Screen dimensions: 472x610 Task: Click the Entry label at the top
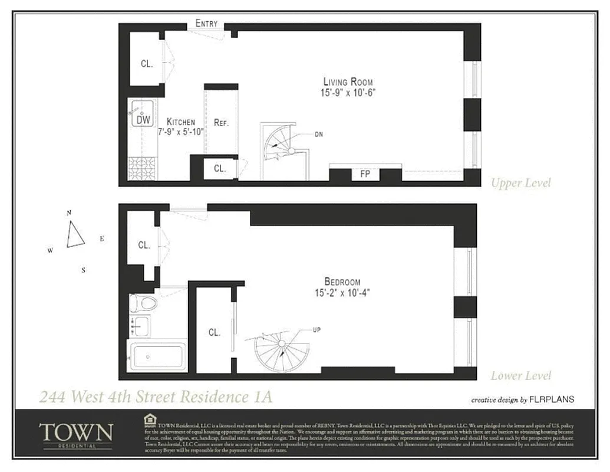click(x=206, y=24)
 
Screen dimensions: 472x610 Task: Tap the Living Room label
click(x=348, y=82)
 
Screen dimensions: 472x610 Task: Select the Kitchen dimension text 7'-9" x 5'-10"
click(x=180, y=132)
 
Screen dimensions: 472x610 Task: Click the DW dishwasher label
click(x=143, y=120)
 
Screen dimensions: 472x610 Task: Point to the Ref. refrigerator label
click(x=221, y=123)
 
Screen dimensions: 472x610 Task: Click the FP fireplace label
click(x=364, y=174)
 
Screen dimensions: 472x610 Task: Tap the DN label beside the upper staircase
click(x=319, y=135)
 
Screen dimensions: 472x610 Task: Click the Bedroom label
click(x=342, y=282)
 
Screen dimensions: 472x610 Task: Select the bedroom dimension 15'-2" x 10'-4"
click(x=342, y=292)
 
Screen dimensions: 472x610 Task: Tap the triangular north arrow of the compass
click(x=75, y=234)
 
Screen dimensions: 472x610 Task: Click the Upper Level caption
click(x=521, y=183)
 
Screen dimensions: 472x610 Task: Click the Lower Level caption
click(x=521, y=375)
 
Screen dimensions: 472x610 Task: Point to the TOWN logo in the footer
click(x=75, y=432)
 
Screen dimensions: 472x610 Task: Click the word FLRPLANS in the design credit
click(x=552, y=399)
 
